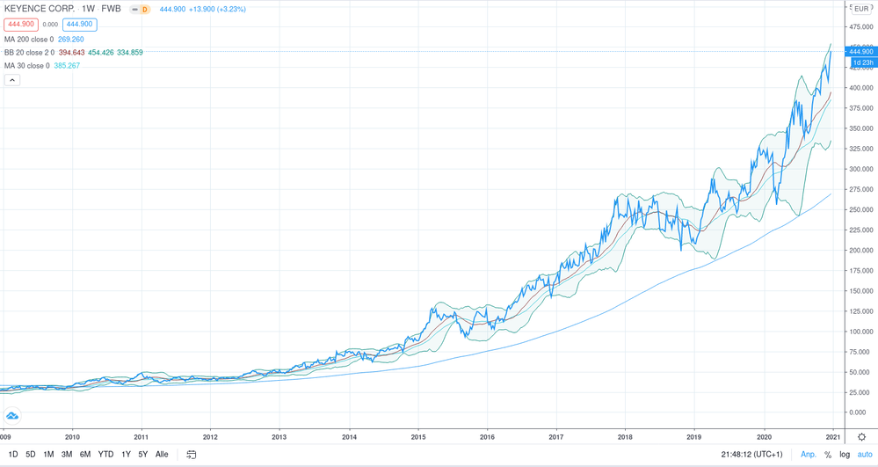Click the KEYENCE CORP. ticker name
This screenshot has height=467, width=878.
38,9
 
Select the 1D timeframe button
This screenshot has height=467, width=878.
13,455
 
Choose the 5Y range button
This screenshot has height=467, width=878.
143,455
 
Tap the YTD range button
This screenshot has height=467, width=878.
105,455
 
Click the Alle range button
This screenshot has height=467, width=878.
162,455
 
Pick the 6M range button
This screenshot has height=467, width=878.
85,455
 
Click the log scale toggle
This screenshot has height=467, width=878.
845,455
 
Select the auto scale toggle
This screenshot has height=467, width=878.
865,455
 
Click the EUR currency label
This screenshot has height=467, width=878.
861,9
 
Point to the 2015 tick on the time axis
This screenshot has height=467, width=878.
418,436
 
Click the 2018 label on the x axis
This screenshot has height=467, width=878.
625,436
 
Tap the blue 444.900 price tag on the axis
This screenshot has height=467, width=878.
860,51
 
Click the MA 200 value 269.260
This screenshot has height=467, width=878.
71,40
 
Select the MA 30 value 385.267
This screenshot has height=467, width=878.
69,66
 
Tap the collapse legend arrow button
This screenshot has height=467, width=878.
12,80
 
